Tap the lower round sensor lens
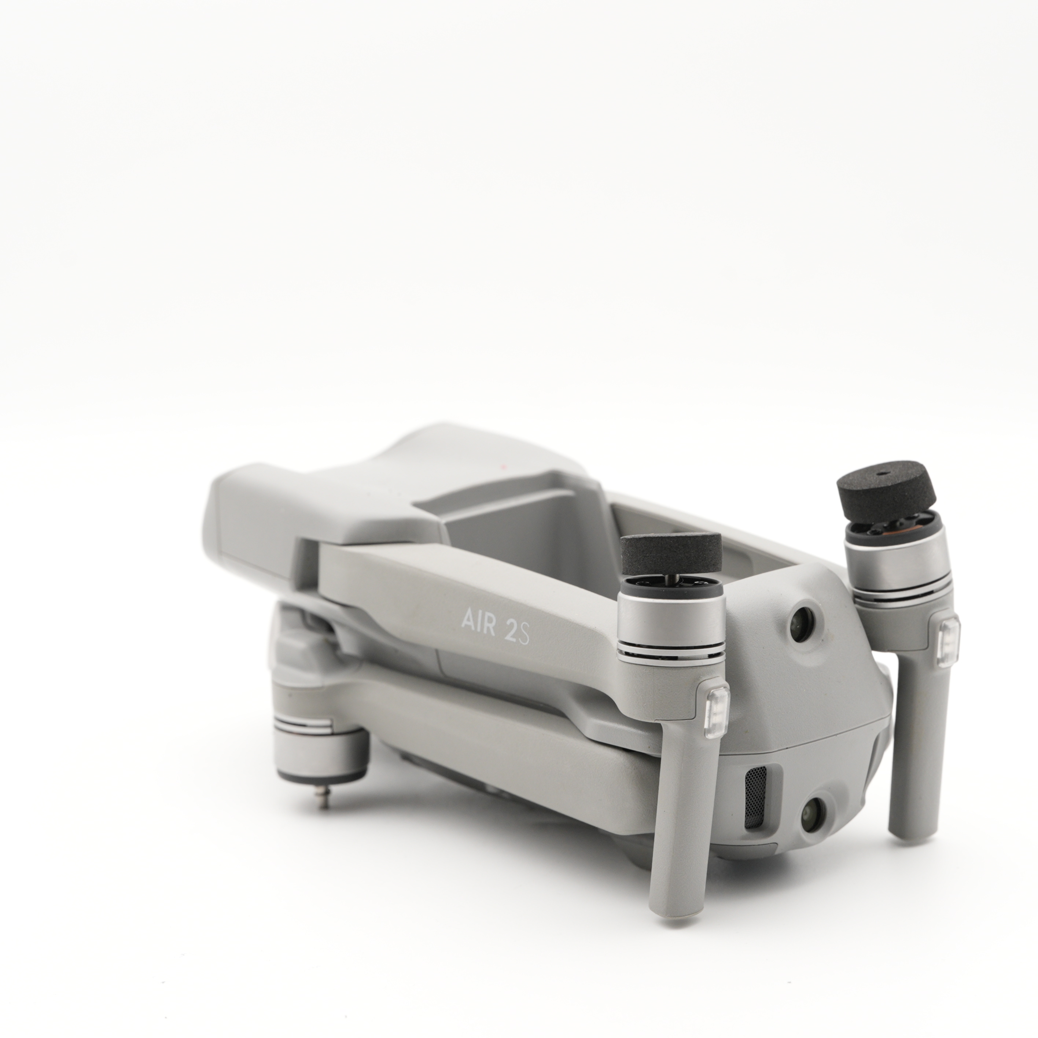[814, 828]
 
